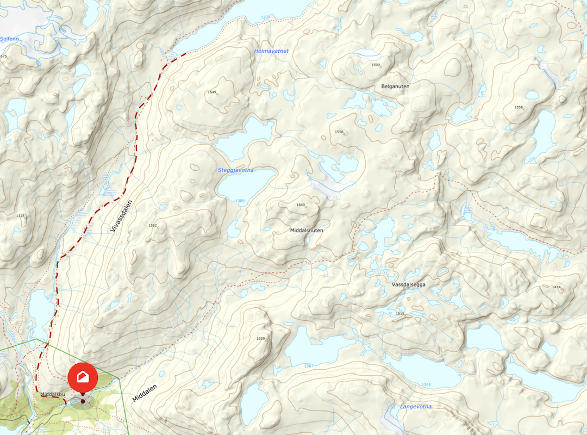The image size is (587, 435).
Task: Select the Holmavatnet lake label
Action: [x=271, y=51]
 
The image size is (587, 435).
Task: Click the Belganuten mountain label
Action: [x=395, y=86]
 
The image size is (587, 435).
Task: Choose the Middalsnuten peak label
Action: [x=307, y=231]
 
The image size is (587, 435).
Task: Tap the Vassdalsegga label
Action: [x=408, y=285]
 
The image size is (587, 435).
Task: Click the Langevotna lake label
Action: [x=416, y=407]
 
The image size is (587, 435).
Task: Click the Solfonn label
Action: [x=9, y=39]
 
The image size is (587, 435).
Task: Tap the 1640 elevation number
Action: [x=301, y=205]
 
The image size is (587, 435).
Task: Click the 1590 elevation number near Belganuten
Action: [x=375, y=65]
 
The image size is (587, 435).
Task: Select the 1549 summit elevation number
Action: [x=212, y=92]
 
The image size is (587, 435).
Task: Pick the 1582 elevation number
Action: [x=152, y=225]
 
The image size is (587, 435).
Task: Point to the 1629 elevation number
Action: [x=260, y=339]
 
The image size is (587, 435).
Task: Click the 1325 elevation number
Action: [x=21, y=216]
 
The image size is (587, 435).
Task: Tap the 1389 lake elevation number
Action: [x=240, y=201]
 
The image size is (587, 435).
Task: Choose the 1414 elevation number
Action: [x=556, y=287]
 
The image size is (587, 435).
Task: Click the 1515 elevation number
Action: [x=401, y=314]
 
